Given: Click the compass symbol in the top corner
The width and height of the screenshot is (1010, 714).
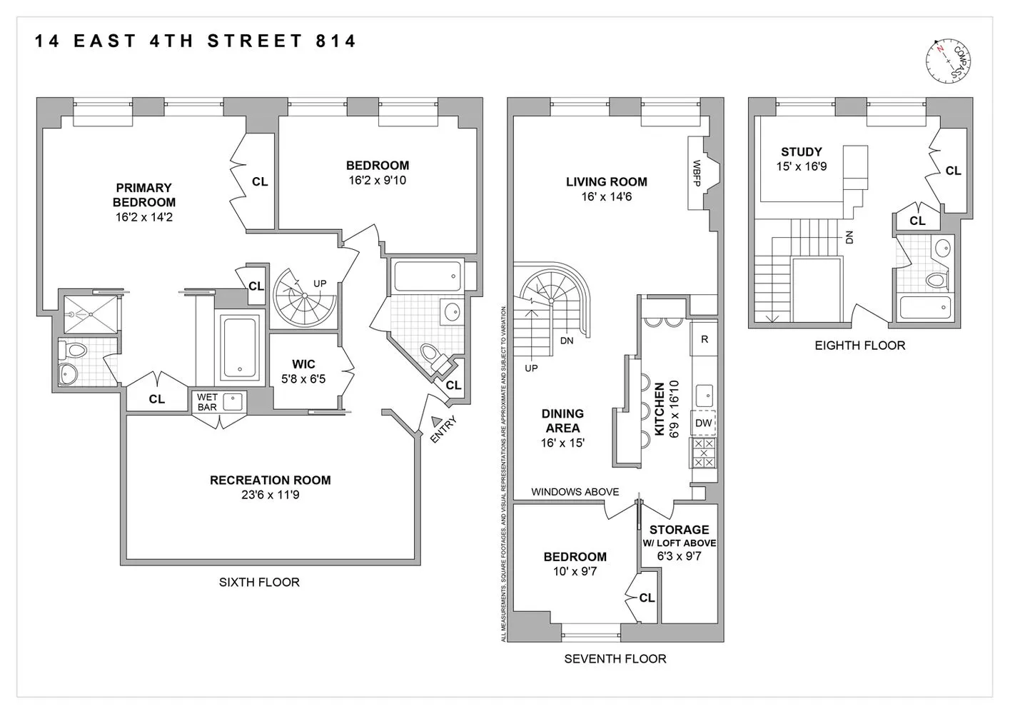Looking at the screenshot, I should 949,58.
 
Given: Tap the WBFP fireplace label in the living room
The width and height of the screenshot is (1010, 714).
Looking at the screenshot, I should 697,174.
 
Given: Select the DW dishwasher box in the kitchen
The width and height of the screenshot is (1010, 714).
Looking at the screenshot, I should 703,423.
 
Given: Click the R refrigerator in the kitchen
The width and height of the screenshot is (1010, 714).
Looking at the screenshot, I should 704,339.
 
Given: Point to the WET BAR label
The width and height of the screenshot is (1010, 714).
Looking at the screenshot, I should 207,402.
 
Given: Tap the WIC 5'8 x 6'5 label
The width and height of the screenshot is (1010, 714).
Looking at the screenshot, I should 303,371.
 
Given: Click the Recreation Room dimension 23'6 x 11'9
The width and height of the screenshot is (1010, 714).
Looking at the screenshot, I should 270,495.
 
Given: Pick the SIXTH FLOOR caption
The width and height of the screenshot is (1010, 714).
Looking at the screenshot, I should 259,582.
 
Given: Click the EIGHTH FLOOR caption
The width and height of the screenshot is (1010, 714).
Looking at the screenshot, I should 859,346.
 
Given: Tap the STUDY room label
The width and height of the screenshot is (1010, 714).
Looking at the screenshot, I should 801,152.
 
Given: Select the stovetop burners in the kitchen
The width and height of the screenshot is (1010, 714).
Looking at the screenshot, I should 704,453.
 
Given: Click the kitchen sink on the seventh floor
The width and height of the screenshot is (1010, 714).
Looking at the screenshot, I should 704,393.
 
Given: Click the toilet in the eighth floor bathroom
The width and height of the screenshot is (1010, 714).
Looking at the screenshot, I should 936,279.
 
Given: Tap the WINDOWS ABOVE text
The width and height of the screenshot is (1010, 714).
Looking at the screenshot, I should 575,492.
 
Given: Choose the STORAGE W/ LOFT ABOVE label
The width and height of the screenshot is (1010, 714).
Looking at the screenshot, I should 679,535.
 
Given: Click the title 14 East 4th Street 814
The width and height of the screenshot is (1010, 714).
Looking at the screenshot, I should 195,41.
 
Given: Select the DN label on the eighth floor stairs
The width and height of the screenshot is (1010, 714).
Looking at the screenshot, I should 849,237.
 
